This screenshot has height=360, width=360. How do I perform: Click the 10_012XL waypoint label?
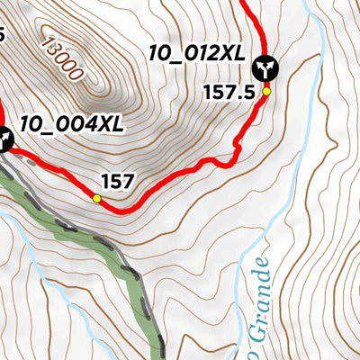click(196, 54)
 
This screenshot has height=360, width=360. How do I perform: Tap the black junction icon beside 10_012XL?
click(265, 67)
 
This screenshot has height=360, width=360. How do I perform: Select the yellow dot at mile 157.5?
click(266, 91)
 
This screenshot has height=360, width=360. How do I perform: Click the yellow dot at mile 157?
click(96, 198)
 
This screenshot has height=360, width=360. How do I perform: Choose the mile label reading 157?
click(118, 182)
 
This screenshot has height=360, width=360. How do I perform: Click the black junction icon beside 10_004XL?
click(4, 139)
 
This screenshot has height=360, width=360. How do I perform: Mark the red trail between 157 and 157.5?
click(180, 177)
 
